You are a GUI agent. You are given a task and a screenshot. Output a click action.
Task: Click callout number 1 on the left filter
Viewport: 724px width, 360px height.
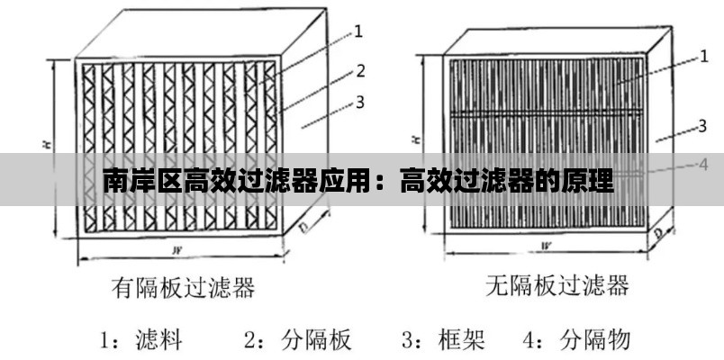click(357, 31)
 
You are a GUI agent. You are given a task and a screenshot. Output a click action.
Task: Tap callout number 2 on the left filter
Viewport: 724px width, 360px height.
click(360, 70)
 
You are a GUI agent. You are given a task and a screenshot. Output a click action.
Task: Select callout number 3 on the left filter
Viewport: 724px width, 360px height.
click(360, 102)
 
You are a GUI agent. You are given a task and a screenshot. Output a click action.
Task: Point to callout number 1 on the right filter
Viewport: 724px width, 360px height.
click(703, 57)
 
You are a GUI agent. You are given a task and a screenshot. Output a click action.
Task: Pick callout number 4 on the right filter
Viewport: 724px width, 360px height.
click(702, 165)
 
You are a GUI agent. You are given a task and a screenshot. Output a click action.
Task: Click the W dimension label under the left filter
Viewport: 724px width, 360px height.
click(176, 251)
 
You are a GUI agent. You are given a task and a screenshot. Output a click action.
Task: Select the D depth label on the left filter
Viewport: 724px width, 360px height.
click(304, 228)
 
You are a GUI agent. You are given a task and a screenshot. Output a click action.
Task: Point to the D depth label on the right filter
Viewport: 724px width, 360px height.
click(658, 233)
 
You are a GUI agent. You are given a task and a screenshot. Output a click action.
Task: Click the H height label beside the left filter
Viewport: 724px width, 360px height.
click(49, 144)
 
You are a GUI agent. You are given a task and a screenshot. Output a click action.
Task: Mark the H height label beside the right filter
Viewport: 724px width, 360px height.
click(417, 138)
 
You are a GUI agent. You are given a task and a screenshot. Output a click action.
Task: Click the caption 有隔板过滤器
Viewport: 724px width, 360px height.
click(183, 286)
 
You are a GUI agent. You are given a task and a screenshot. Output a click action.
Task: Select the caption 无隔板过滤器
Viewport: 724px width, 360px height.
click(557, 284)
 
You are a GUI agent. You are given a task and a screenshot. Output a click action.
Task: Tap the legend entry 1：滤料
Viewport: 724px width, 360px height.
click(141, 340)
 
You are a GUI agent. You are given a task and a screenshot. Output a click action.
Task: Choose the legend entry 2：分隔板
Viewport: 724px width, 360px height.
click(298, 340)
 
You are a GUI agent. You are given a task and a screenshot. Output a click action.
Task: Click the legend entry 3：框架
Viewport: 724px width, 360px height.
click(443, 340)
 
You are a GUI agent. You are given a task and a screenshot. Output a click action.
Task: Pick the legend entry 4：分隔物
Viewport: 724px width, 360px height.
click(576, 340)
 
